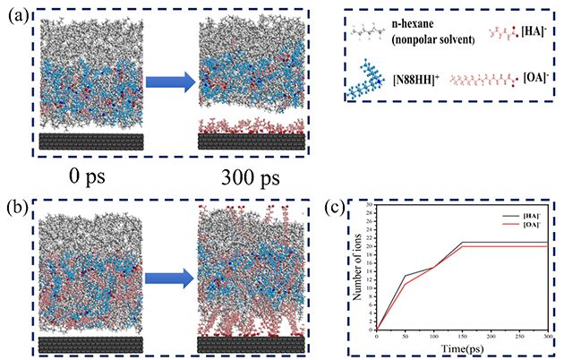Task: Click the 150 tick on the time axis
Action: [x=461, y=336]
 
